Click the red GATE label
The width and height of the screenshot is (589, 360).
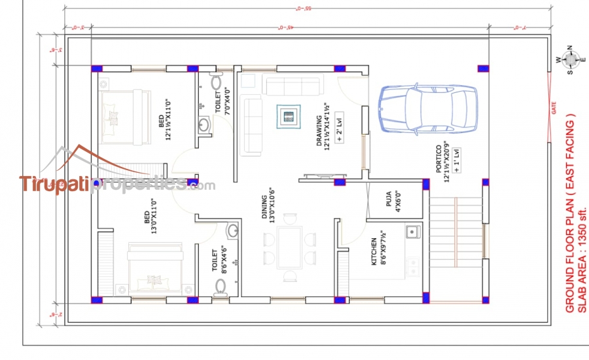[x=554, y=109]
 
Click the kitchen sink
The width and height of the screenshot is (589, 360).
[x=412, y=231]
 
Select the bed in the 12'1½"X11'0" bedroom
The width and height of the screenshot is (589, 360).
[x=118, y=116]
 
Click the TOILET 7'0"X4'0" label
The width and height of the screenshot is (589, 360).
[x=223, y=101]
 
